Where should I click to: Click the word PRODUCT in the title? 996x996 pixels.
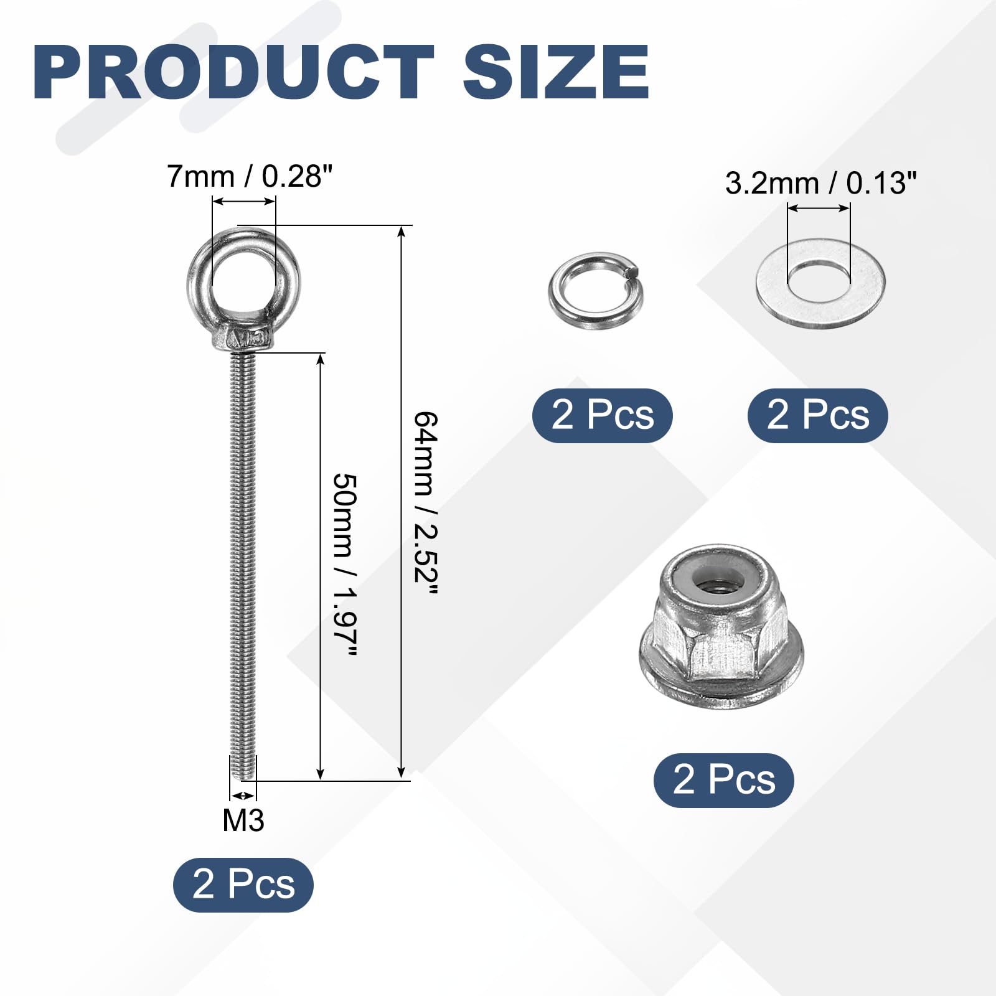pos(233,72)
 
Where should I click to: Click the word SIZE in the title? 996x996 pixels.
pos(557,72)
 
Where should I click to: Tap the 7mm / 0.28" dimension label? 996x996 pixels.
pos(250,177)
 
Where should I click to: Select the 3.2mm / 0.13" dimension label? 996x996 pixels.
pos(820,183)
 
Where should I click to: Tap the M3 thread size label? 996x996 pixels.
pos(243,820)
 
